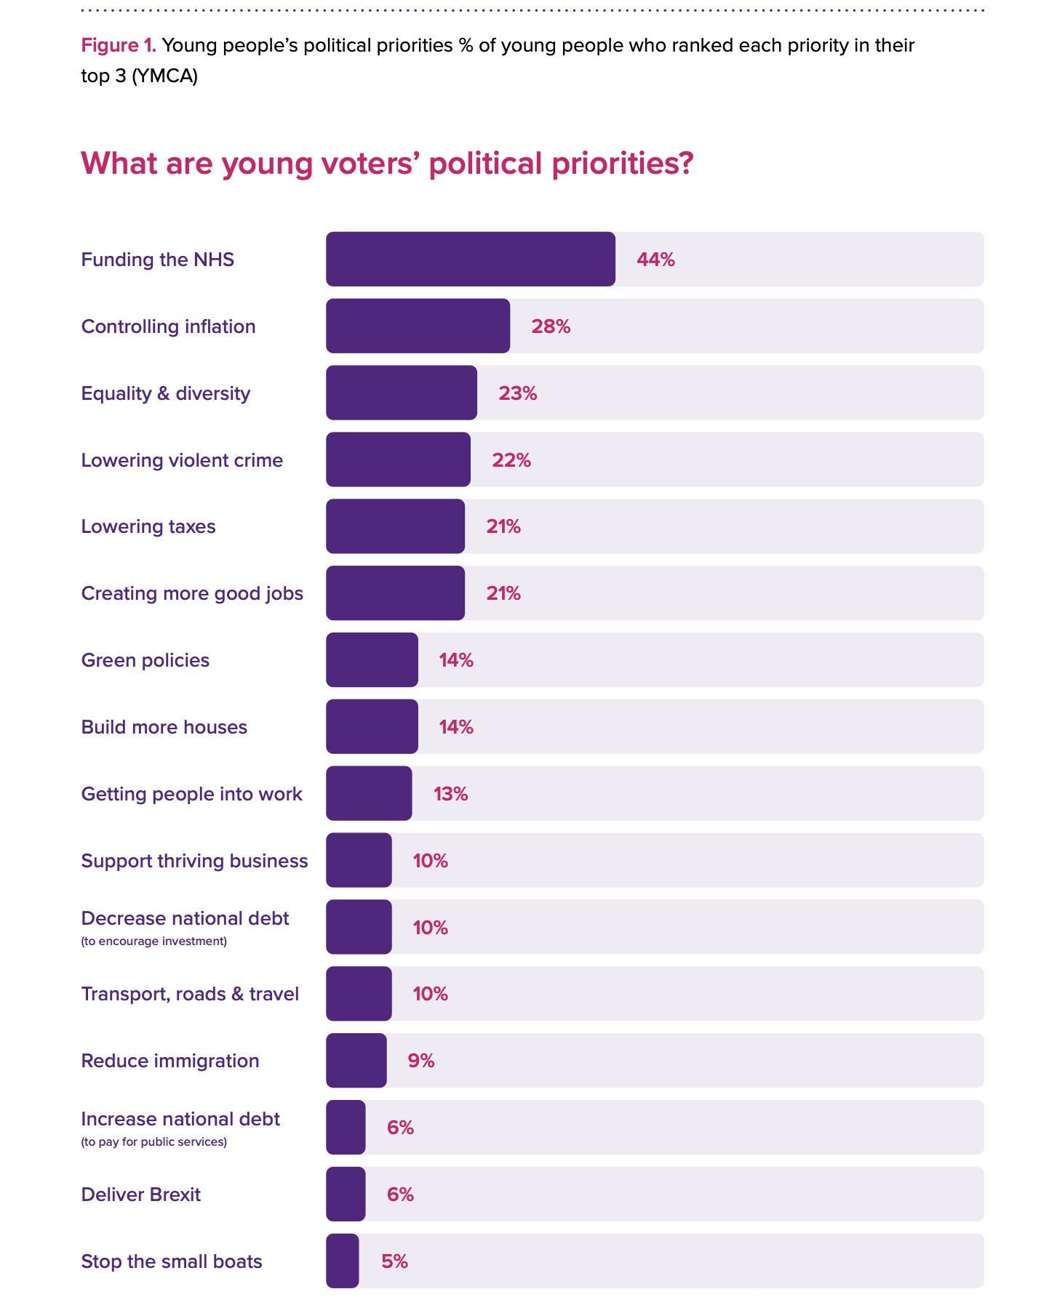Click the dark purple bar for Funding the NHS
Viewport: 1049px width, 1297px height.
point(470,260)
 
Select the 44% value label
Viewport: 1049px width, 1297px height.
point(655,260)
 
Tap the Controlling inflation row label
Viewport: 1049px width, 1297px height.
point(168,326)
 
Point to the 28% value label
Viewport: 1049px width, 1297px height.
point(551,326)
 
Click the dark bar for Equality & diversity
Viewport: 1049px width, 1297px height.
point(401,393)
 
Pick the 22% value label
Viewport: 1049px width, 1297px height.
point(511,460)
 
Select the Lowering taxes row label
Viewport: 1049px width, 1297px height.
point(148,526)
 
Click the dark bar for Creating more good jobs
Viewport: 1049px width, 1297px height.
point(395,593)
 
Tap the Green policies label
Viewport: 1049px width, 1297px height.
point(145,660)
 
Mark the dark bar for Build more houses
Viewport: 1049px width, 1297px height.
point(372,727)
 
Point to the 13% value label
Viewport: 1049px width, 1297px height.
point(450,794)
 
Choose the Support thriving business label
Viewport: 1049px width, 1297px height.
point(194,861)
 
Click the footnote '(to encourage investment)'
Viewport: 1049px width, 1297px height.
point(154,941)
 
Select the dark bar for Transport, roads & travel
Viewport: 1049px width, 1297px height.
point(359,994)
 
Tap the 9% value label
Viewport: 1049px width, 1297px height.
point(420,1061)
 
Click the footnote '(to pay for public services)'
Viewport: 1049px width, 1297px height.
point(154,1142)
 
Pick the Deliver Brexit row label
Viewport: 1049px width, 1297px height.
point(141,1194)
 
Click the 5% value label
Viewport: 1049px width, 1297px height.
point(394,1261)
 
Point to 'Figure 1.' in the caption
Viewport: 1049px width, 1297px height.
point(119,46)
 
